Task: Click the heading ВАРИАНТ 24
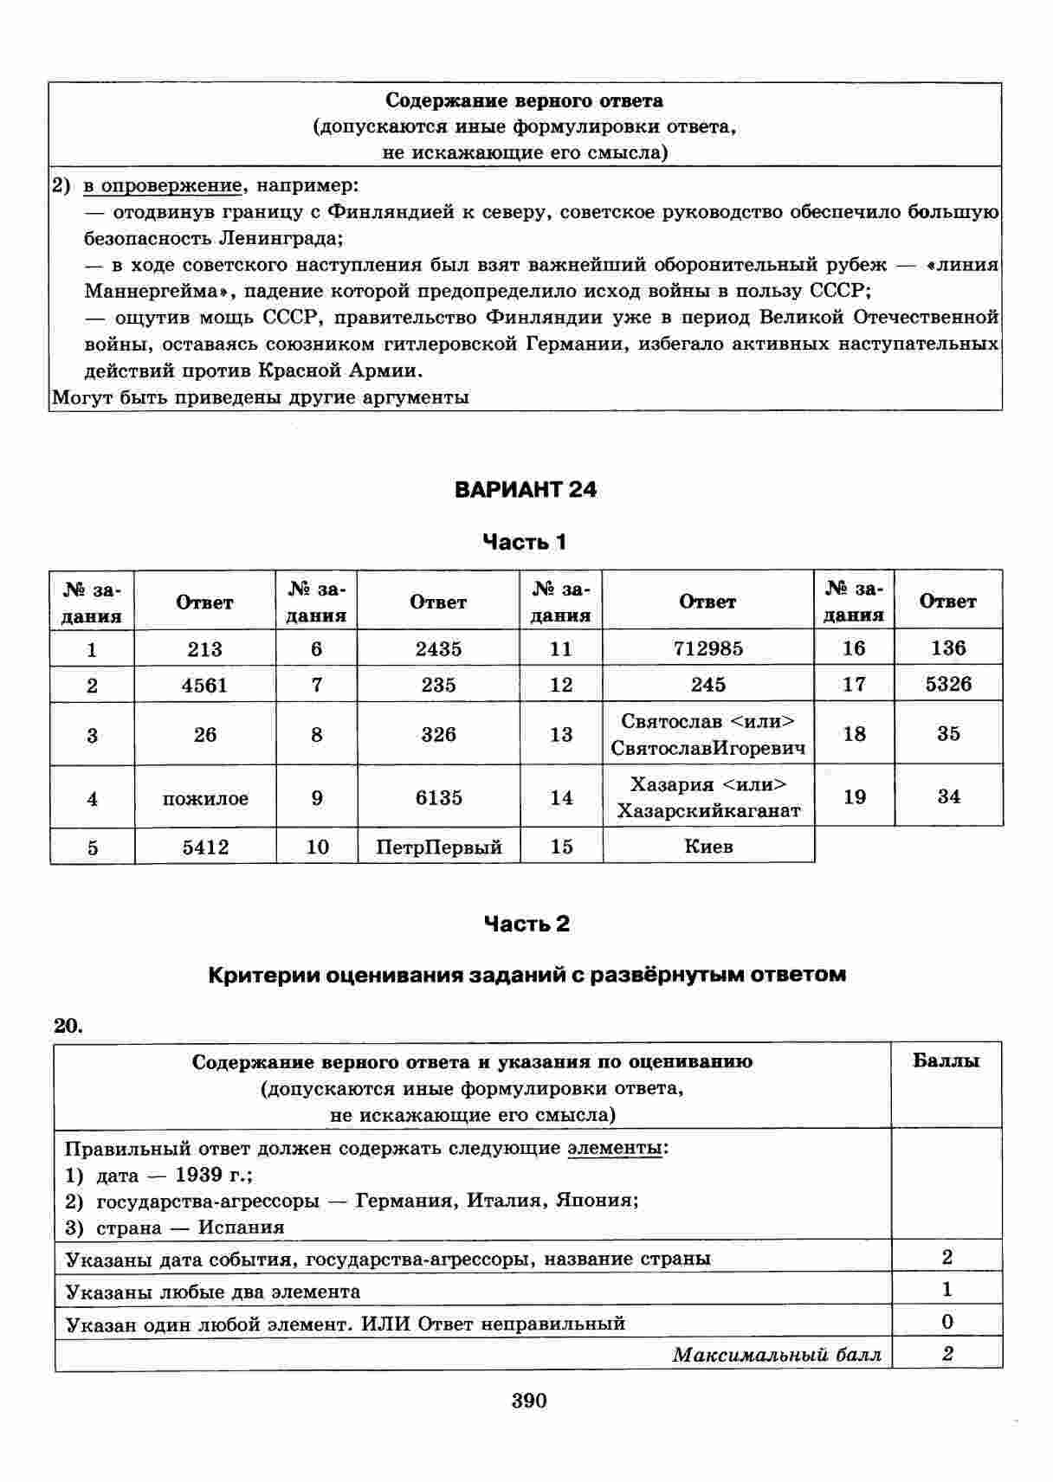(x=526, y=490)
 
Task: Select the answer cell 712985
(x=707, y=648)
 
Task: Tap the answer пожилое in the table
(x=205, y=798)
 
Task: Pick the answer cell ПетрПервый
(x=439, y=847)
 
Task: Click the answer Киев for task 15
(x=708, y=846)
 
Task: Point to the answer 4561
(x=204, y=686)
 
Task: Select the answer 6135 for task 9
(x=439, y=797)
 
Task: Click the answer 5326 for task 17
(x=948, y=684)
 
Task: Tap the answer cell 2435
(x=438, y=648)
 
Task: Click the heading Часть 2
(x=526, y=925)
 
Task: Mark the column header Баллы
(x=946, y=1061)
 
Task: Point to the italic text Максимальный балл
(x=777, y=1355)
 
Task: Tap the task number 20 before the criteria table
(x=68, y=1027)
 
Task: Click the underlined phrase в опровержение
(x=162, y=185)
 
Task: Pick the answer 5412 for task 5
(x=205, y=847)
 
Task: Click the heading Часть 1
(x=525, y=543)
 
